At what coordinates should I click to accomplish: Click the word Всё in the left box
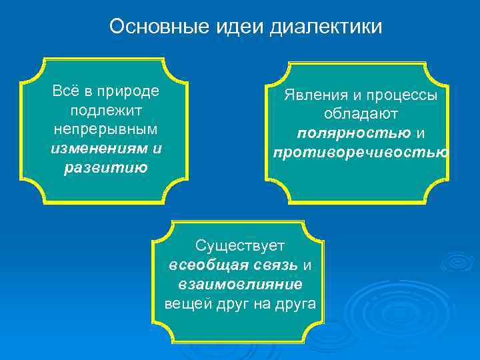pos(66,91)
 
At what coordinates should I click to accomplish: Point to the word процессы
pos(407,95)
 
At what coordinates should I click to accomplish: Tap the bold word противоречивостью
pos(361,152)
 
